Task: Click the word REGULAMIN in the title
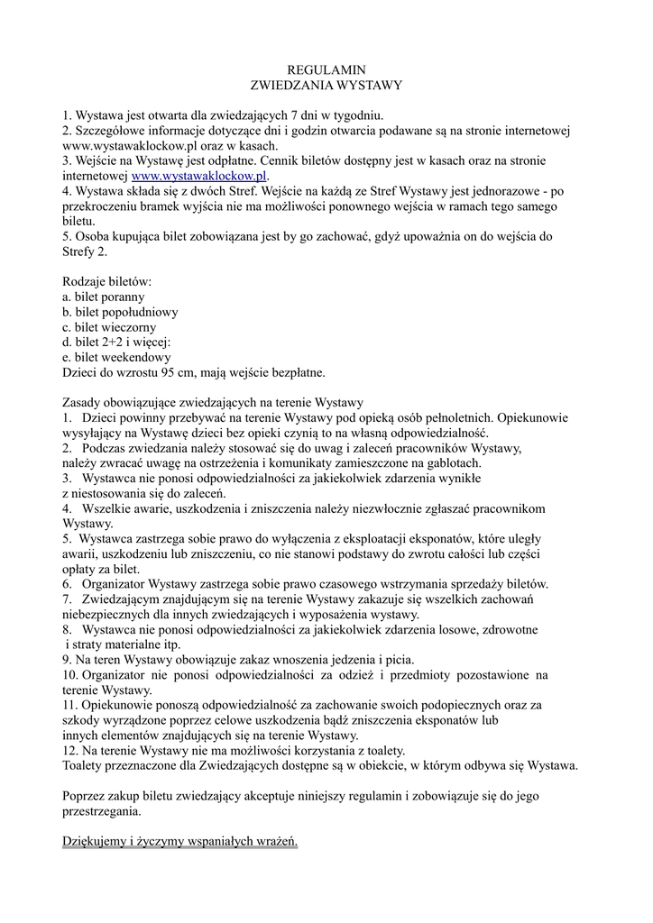coord(326,69)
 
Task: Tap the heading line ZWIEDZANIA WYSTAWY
coord(326,85)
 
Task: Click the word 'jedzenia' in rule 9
coord(326,660)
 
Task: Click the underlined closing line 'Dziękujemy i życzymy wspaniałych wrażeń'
coord(179,841)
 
